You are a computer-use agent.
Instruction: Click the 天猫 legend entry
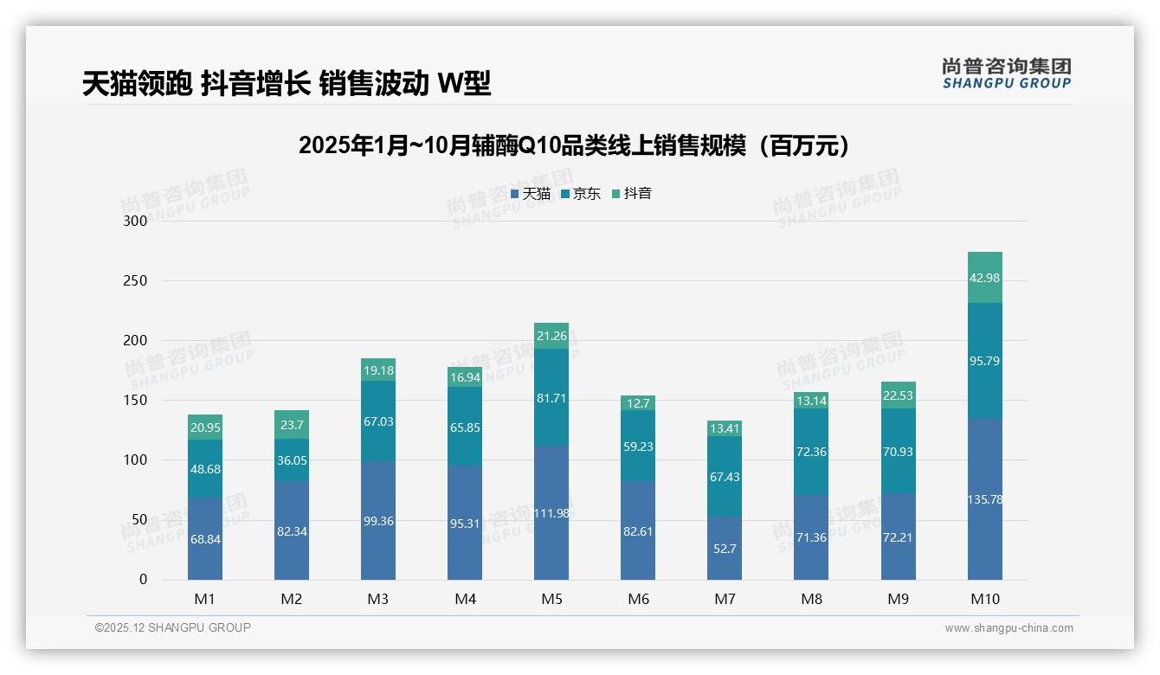[x=531, y=194]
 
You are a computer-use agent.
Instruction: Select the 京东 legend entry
[x=581, y=194]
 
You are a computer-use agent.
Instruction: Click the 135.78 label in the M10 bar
[x=984, y=499]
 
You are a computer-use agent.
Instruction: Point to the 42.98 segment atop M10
[x=984, y=278]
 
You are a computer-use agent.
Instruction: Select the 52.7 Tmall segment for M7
[x=724, y=548]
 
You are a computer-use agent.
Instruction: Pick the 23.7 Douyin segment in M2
[x=292, y=425]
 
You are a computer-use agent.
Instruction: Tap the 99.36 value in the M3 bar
[x=377, y=521]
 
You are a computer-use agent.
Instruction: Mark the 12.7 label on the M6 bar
[x=637, y=403]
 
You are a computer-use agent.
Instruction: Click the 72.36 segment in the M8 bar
[x=810, y=452]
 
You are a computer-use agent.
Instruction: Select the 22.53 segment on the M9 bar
[x=898, y=395]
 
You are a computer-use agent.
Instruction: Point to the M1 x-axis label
[x=205, y=599]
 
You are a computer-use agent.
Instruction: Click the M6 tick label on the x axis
[x=637, y=599]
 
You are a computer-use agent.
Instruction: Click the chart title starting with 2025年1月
[x=573, y=145]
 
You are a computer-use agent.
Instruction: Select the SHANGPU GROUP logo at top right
[x=1006, y=74]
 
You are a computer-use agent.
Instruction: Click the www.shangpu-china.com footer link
[x=1009, y=628]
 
